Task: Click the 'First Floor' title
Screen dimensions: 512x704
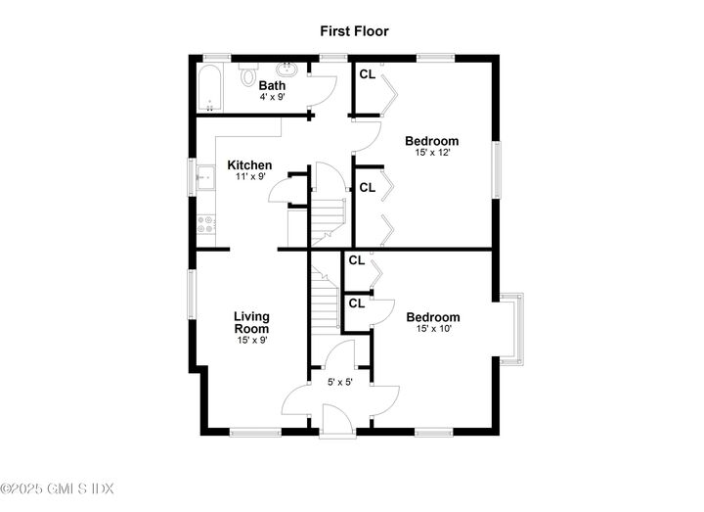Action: (x=354, y=31)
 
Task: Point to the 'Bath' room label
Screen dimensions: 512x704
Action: (x=272, y=86)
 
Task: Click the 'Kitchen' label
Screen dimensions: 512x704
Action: (x=249, y=165)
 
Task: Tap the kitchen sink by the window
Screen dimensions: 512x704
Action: (x=206, y=179)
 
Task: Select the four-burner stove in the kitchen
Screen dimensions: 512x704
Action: (x=206, y=226)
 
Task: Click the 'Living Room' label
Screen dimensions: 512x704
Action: (x=251, y=323)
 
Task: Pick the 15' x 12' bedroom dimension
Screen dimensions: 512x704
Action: (x=432, y=154)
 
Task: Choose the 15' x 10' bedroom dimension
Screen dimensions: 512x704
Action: (x=432, y=330)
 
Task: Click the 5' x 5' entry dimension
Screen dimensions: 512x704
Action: (x=339, y=382)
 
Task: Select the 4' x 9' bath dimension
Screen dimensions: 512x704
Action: (x=272, y=98)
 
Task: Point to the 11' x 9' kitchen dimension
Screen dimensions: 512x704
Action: (x=249, y=177)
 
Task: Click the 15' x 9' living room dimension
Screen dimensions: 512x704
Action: (x=251, y=341)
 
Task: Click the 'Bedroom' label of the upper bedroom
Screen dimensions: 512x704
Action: (x=432, y=141)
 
